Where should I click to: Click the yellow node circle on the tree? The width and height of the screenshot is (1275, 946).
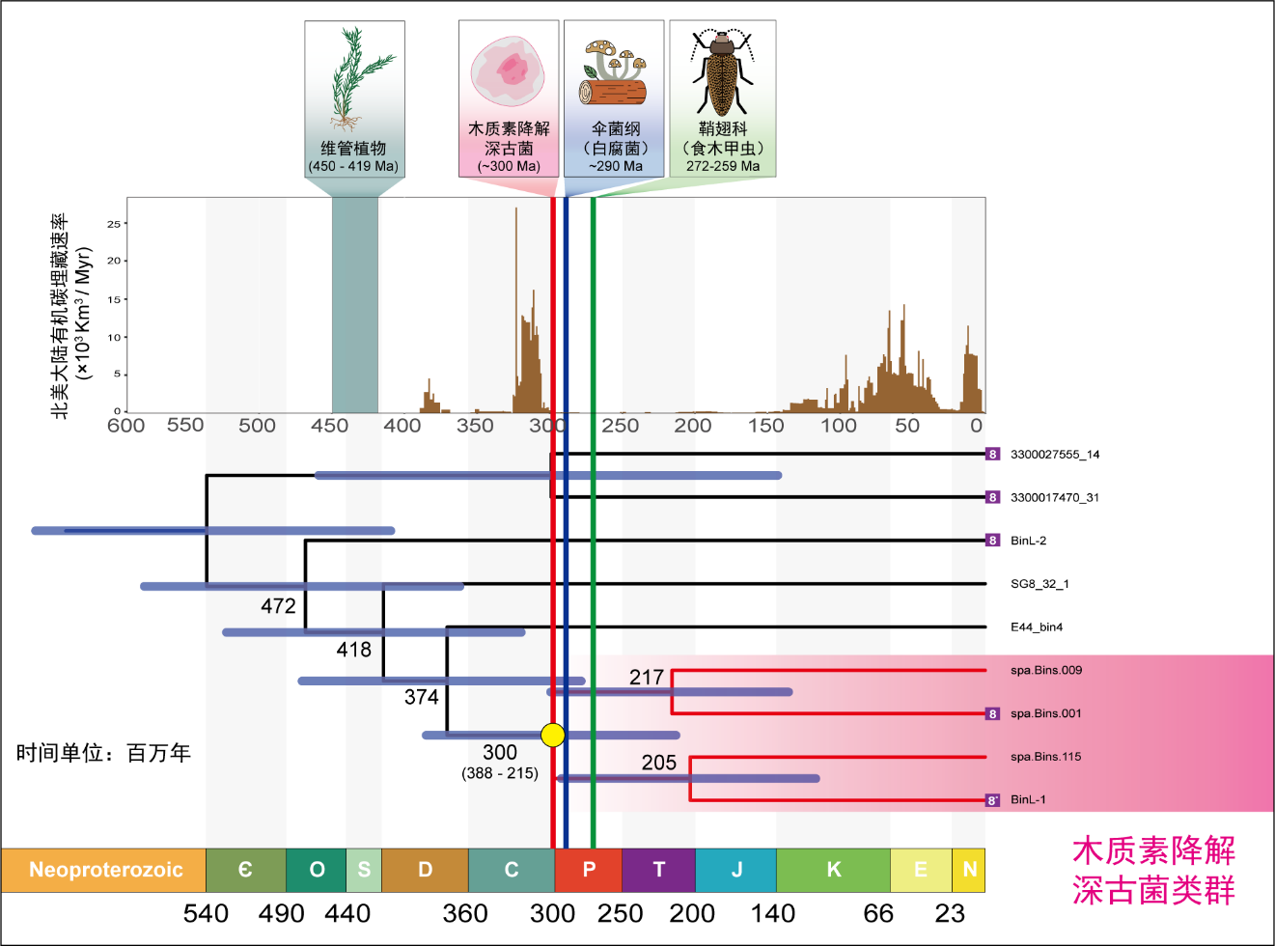point(552,736)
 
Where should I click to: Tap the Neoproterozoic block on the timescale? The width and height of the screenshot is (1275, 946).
point(104,870)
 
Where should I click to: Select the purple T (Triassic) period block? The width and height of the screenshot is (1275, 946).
point(659,870)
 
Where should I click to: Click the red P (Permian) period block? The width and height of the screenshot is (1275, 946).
point(589,870)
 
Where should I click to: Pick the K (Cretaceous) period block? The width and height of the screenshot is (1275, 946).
point(833,870)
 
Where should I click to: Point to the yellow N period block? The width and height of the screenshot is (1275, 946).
point(969,870)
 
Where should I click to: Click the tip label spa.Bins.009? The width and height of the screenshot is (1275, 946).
point(1046,670)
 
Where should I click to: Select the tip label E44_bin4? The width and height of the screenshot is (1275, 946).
point(1037,627)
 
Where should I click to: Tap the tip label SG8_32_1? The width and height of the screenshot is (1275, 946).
point(1039,584)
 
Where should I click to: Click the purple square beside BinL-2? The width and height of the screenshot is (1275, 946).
point(992,541)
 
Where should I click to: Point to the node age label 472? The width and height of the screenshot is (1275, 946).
point(278,606)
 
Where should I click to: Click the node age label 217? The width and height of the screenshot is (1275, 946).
point(647,678)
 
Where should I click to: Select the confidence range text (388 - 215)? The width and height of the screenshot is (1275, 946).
point(500,773)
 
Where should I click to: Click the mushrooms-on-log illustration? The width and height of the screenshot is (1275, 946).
point(613,73)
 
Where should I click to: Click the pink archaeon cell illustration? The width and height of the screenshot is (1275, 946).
point(508,72)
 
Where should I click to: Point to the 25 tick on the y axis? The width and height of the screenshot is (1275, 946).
point(114,224)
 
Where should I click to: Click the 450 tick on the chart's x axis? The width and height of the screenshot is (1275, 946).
point(330,426)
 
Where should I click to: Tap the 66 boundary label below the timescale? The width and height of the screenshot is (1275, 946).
point(878,913)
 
